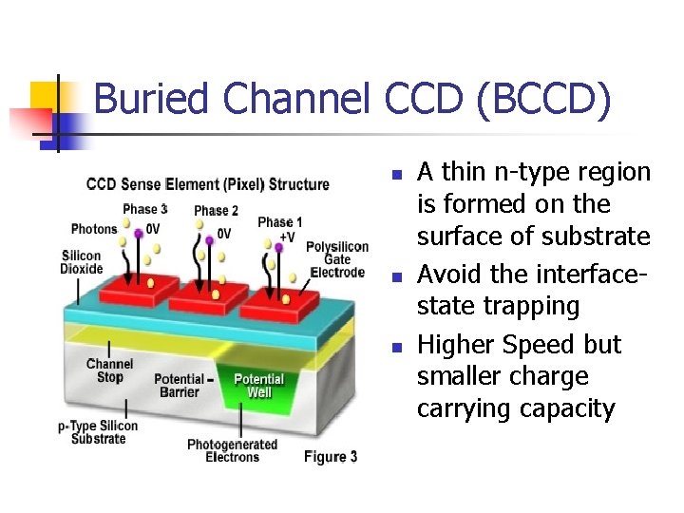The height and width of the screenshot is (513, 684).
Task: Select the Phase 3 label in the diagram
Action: click(145, 209)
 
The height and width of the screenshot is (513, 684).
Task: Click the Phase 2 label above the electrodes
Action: click(216, 211)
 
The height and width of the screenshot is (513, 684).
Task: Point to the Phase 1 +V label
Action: click(280, 228)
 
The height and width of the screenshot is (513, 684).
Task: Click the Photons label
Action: click(94, 228)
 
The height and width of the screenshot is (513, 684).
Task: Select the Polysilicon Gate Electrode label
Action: click(336, 259)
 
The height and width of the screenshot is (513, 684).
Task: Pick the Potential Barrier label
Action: click(179, 386)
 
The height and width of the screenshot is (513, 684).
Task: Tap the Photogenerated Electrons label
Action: click(232, 450)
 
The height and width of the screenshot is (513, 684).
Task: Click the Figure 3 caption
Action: click(330, 457)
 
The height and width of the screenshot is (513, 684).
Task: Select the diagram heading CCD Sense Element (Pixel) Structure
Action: click(207, 183)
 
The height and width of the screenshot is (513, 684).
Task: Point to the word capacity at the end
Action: click(564, 409)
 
